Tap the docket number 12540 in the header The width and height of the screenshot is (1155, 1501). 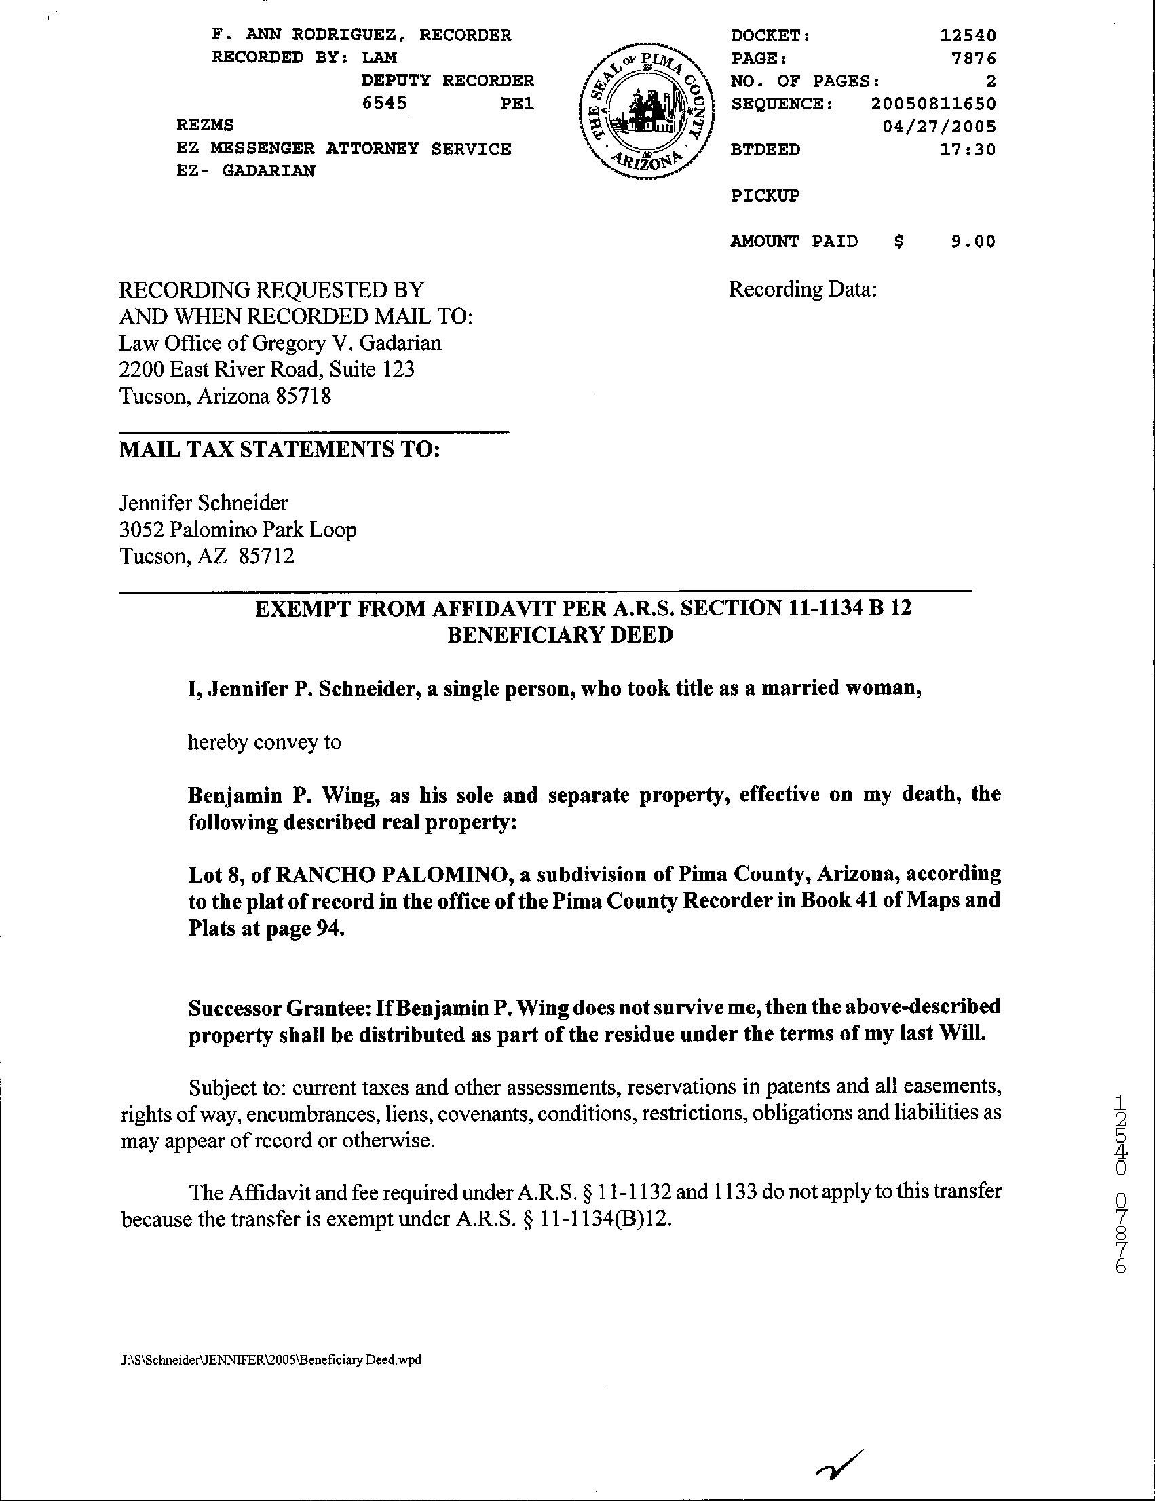[967, 35]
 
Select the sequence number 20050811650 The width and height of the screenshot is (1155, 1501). [933, 104]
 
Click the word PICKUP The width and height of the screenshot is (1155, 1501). [765, 195]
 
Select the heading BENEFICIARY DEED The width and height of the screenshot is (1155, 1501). [560, 634]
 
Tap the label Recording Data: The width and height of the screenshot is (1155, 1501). [802, 289]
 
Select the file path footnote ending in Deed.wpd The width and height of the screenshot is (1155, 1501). [270, 1359]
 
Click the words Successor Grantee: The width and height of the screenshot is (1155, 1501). [278, 1008]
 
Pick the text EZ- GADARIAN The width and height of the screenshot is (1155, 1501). [246, 171]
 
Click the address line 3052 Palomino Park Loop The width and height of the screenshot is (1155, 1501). [238, 529]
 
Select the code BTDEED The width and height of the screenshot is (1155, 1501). [765, 149]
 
